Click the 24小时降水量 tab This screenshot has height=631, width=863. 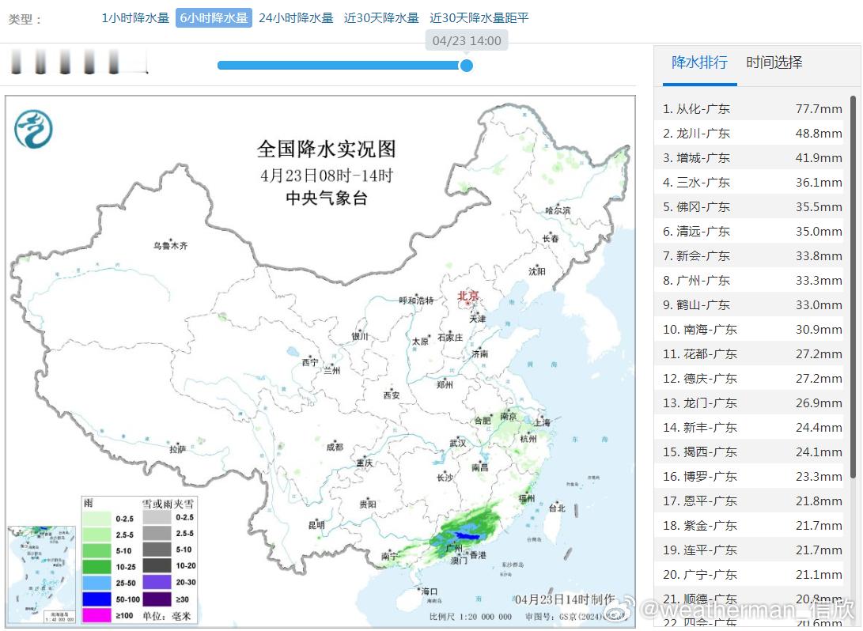[296, 18]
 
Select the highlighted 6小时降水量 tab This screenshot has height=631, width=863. [214, 18]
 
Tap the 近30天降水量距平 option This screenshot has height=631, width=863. [479, 18]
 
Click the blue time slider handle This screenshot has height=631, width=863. [466, 65]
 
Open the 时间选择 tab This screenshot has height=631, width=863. [774, 62]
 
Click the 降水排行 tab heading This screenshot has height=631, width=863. [699, 62]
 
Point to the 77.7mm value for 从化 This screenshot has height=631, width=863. [819, 109]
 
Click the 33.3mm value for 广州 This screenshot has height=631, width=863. [819, 281]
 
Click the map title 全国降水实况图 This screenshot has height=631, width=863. [326, 149]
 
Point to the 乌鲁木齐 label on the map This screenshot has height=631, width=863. [171, 246]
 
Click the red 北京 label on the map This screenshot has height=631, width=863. [468, 297]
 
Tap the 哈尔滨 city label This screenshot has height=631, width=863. [558, 210]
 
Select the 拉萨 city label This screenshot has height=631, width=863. [177, 449]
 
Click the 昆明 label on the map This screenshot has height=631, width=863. [316, 525]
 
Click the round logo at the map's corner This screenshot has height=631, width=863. [33, 129]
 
